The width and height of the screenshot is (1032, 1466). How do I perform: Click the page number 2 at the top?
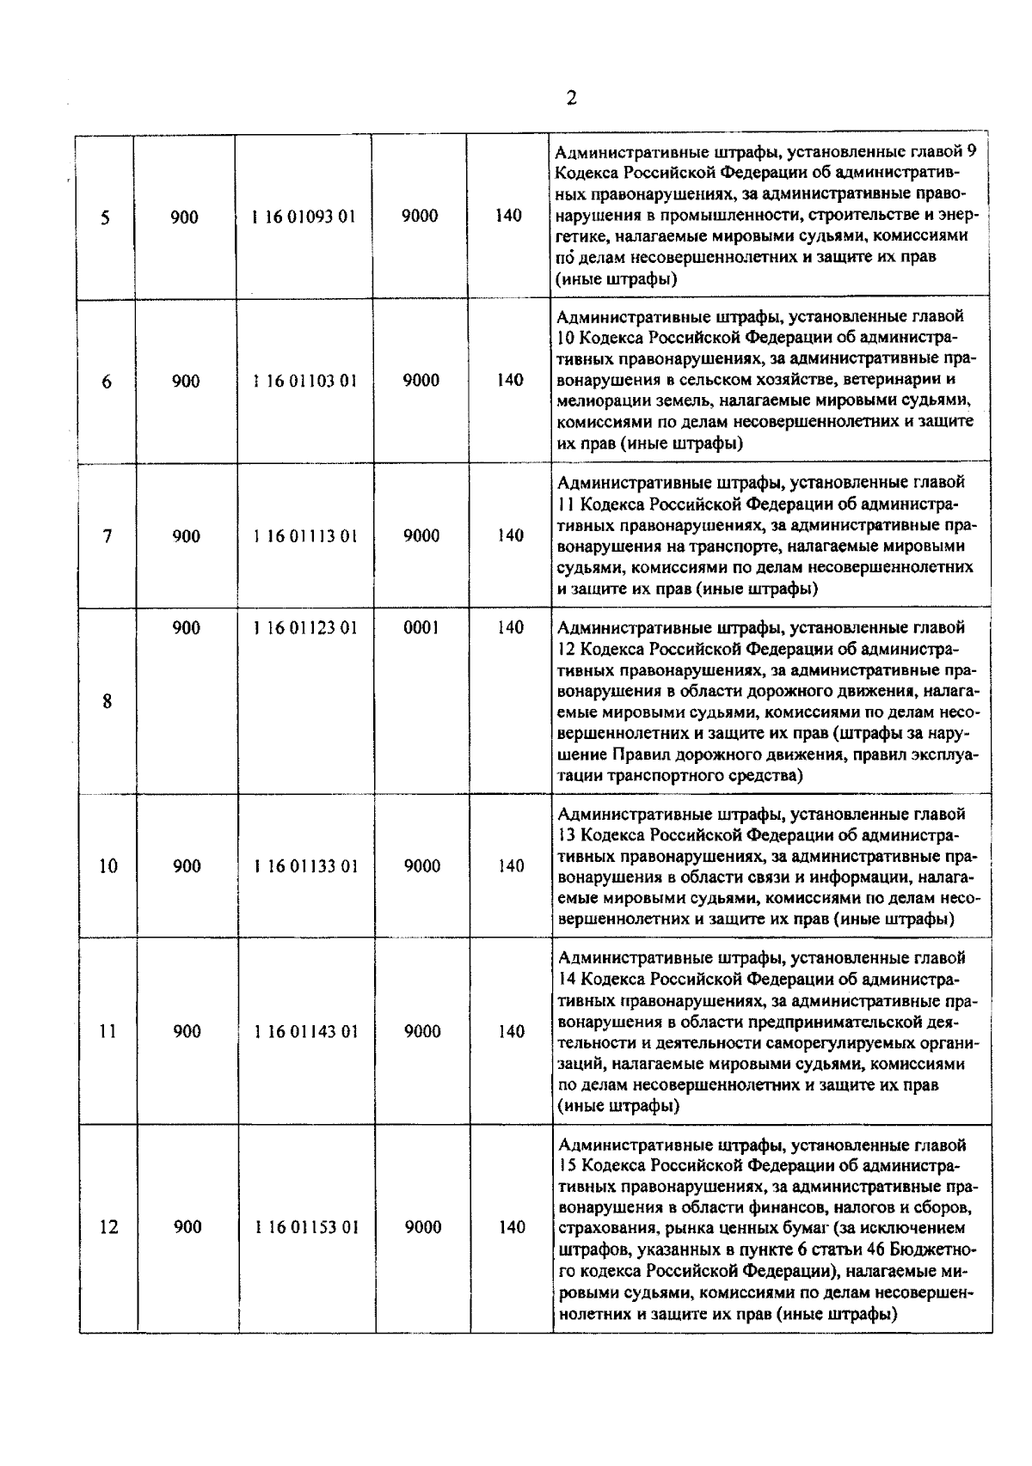point(571,97)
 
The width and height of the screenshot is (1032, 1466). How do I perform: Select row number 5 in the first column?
point(105,217)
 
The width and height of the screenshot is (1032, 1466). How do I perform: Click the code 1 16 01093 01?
point(304,217)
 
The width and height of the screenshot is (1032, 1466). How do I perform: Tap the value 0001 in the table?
point(421,628)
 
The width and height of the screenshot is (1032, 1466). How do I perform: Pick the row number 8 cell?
point(107,701)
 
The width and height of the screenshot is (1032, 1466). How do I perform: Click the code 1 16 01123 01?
point(304,628)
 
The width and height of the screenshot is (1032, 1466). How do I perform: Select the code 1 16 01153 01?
point(305,1227)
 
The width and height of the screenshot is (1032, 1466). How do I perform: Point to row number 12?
point(108,1227)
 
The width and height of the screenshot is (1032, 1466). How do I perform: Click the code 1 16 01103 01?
point(304,381)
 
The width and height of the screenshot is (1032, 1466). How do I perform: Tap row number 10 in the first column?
point(107,866)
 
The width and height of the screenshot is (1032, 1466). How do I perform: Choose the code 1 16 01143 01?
point(305,1031)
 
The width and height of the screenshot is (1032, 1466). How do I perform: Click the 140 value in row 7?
point(510,535)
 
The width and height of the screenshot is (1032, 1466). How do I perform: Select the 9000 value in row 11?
point(422,1031)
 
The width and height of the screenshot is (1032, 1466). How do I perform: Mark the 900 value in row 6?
point(186,381)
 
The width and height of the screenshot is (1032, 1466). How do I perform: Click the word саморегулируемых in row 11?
point(842,1042)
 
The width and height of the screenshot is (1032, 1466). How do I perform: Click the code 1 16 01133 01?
point(305,866)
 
